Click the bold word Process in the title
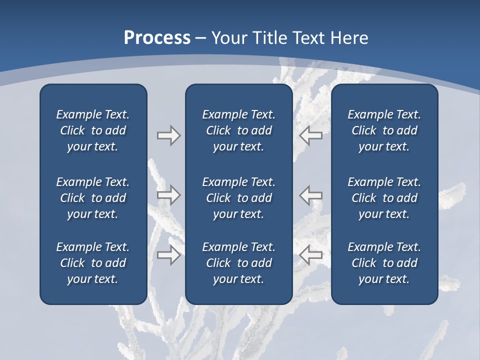(x=157, y=38)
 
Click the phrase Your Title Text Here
(x=290, y=38)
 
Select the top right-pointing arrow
(x=168, y=135)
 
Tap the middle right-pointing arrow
(x=168, y=195)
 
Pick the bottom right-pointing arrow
(x=168, y=255)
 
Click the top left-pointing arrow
(x=310, y=135)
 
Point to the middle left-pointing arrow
(x=310, y=195)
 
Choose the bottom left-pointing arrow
(x=310, y=255)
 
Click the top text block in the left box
(x=93, y=130)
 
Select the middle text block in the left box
(x=93, y=198)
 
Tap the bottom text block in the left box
(x=93, y=263)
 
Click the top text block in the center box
(x=238, y=130)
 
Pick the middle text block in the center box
(x=238, y=198)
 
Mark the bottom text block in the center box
(x=238, y=263)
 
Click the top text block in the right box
(x=384, y=130)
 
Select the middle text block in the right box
(x=384, y=198)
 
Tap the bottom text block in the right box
(x=384, y=263)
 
